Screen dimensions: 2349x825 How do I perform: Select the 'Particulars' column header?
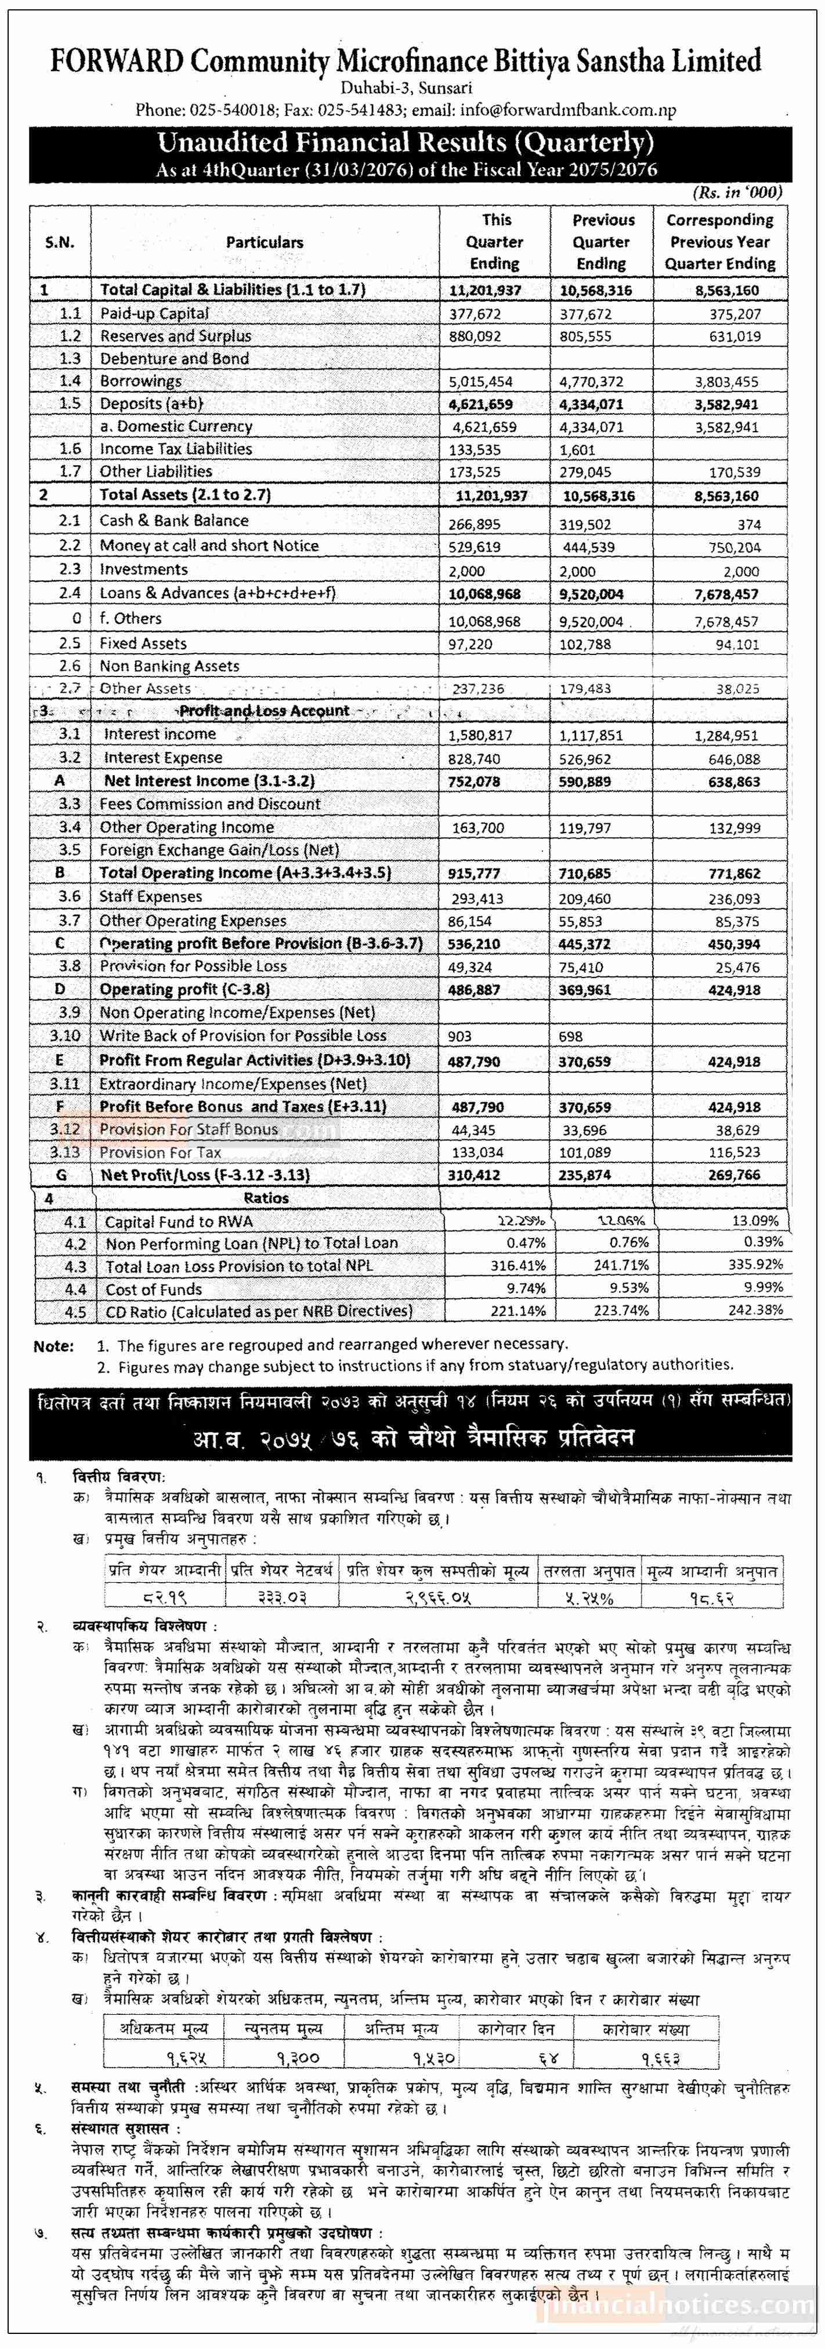point(265,242)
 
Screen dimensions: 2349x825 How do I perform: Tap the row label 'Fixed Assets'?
point(143,643)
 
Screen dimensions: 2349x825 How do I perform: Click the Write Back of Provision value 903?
point(459,1037)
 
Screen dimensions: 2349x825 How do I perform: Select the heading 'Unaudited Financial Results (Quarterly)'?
point(406,143)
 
